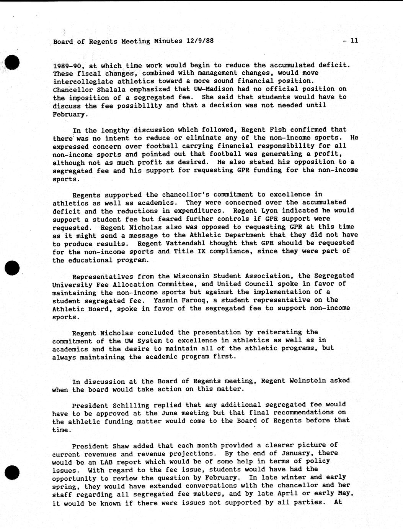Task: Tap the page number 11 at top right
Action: click(x=354, y=40)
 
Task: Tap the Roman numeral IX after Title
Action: click(x=201, y=251)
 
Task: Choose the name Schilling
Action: click(x=129, y=405)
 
